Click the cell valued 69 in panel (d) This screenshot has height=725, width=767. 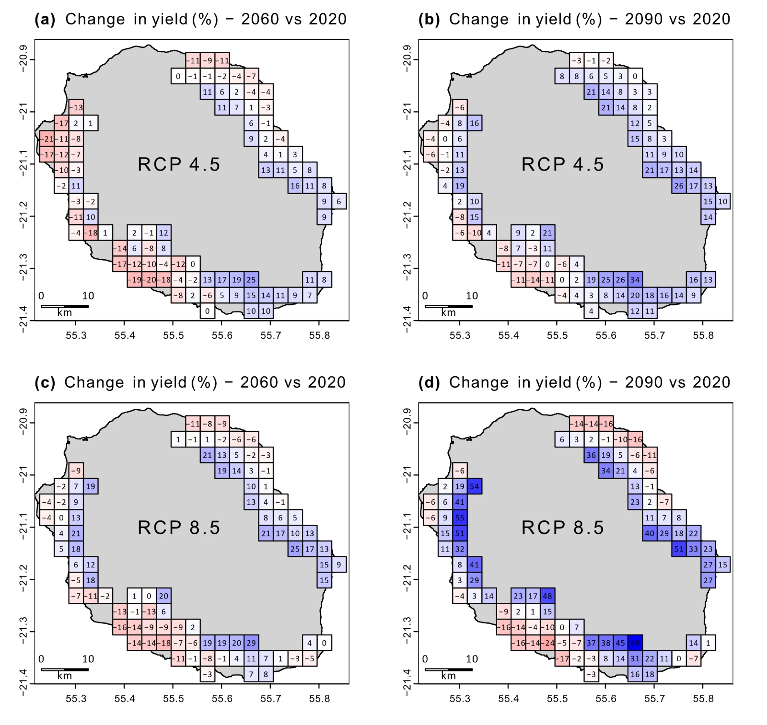tap(635, 643)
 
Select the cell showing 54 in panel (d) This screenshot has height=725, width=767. tap(474, 486)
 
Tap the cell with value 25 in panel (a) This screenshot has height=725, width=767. tap(251, 279)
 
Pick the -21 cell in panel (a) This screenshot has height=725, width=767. tap(47, 139)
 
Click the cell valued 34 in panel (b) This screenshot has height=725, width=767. tap(635, 279)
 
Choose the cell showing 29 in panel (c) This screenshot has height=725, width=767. tap(251, 643)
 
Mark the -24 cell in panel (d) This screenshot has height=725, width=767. tap(547, 643)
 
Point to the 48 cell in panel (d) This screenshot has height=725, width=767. tap(547, 596)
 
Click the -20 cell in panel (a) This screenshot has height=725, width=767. tap(149, 279)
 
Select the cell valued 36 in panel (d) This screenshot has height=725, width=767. tap(592, 455)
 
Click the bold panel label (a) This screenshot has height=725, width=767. tap(45, 19)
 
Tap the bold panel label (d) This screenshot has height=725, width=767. tap(429, 382)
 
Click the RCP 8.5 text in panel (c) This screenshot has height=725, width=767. tap(179, 528)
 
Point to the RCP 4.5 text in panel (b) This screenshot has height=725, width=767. tap(563, 164)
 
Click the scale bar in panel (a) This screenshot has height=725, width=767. tap(65, 306)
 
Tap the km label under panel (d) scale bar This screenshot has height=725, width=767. tap(449, 676)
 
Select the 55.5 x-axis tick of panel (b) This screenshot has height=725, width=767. tap(557, 335)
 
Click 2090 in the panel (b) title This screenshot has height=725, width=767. tap(644, 19)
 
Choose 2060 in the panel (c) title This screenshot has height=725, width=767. tap(259, 382)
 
